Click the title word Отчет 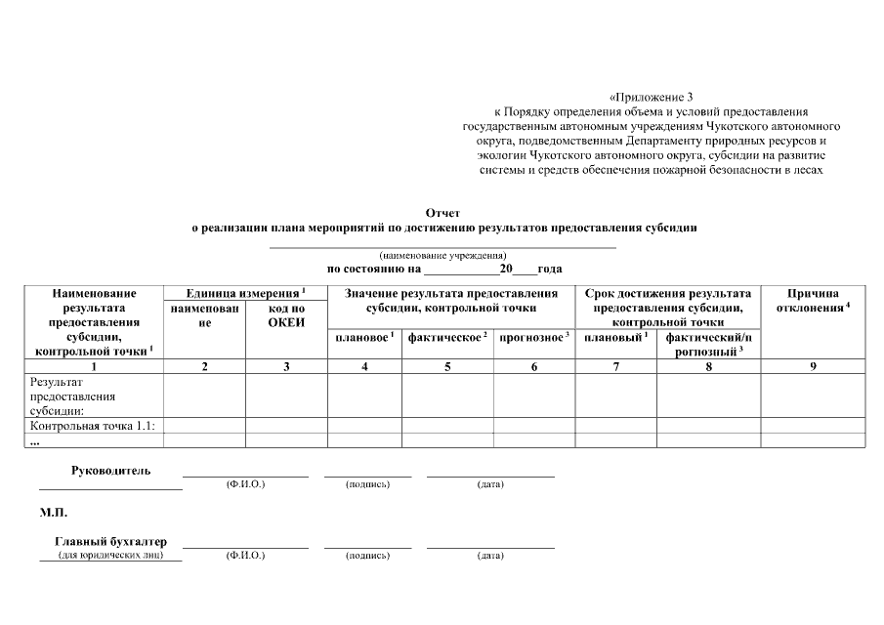(x=442, y=212)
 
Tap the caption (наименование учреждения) (x=442, y=255)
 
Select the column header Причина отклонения (x=813, y=300)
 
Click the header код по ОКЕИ (x=286, y=314)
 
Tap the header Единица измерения (x=245, y=292)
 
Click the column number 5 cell (x=447, y=366)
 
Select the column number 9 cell (x=813, y=366)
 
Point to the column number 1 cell (x=94, y=366)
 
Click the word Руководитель (x=110, y=471)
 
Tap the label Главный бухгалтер (x=110, y=541)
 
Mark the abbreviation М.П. (x=54, y=511)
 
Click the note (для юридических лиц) (x=110, y=556)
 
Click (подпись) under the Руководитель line (x=367, y=484)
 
